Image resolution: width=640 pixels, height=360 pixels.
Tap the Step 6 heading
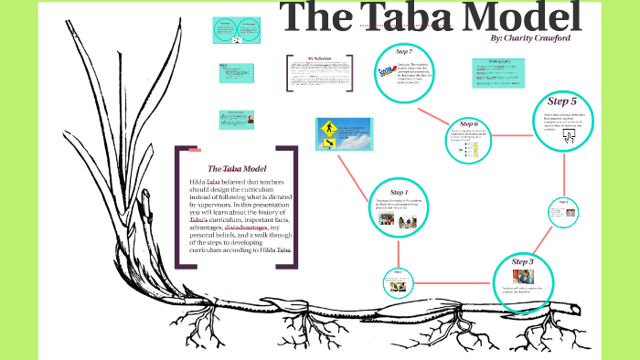click(469, 123)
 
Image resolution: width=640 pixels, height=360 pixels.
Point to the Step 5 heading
click(562, 101)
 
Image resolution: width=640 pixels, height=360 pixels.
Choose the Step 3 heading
click(522, 262)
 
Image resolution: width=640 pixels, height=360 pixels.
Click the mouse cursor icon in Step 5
click(568, 137)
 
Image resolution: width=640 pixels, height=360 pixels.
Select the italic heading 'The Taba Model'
click(236, 168)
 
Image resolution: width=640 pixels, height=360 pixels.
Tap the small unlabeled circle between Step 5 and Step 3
click(562, 212)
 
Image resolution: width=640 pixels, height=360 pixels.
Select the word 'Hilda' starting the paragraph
click(197, 183)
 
